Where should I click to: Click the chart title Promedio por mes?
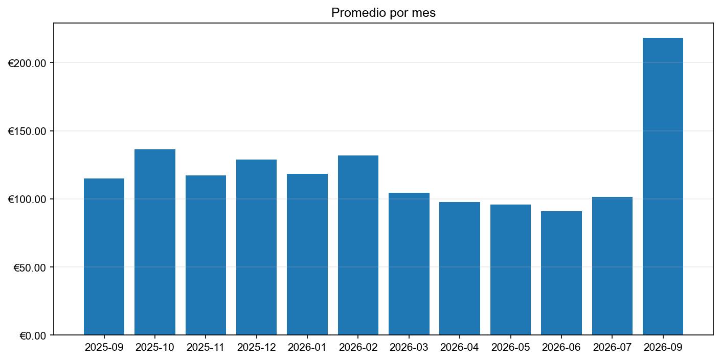383,13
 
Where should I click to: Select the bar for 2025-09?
104,257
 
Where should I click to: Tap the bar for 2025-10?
155,242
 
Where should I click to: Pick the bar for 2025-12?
256,247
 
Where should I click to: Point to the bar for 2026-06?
561,273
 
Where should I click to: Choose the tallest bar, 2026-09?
663,187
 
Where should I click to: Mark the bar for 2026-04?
460,268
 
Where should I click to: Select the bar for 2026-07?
612,266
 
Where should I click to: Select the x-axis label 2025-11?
206,348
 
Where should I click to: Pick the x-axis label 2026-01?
307,348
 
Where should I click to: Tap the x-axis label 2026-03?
409,348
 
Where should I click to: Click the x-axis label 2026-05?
510,348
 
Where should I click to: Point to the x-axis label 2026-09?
663,348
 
